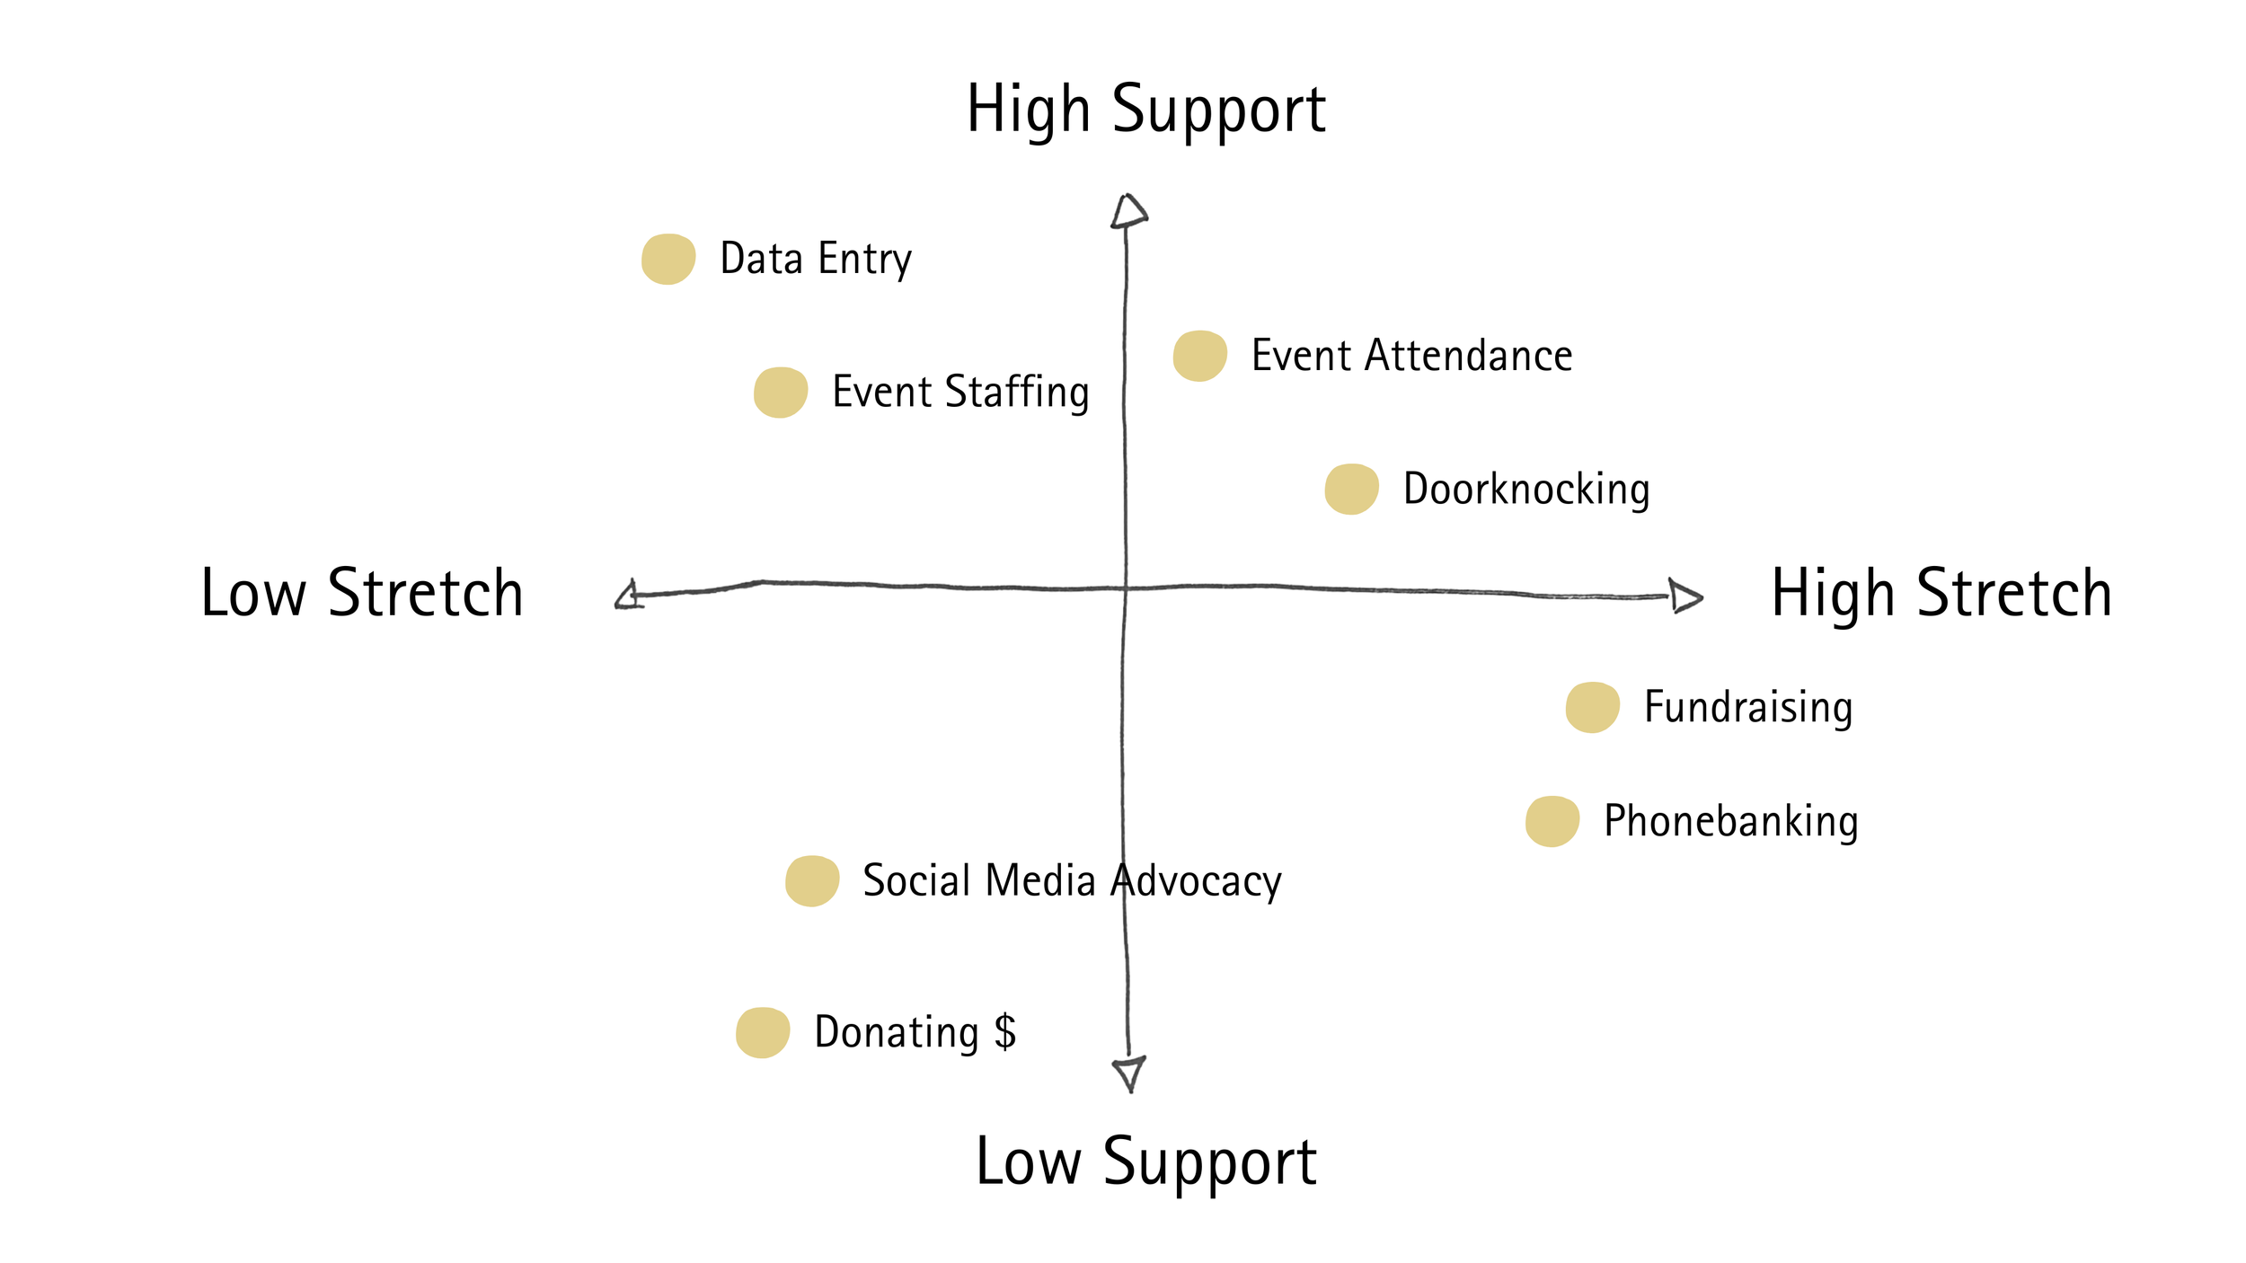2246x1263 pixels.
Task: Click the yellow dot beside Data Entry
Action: point(668,260)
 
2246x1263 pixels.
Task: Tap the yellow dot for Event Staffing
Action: point(780,393)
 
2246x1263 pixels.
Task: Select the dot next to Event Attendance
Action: point(1199,356)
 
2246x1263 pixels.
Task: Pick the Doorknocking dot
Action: point(1351,489)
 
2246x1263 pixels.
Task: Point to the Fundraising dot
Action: point(1592,707)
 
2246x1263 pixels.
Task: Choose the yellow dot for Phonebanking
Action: point(1552,821)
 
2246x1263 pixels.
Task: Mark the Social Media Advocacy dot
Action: point(812,880)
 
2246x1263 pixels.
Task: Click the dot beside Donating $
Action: point(762,1032)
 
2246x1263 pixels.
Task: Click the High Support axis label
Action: point(1145,110)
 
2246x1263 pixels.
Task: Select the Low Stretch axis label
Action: point(362,594)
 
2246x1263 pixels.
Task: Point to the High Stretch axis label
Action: point(1941,594)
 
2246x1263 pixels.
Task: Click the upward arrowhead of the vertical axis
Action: point(1128,212)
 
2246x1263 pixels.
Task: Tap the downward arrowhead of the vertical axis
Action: point(1129,1072)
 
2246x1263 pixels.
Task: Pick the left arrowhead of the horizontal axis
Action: point(628,595)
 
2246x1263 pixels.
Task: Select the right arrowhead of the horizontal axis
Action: point(1684,596)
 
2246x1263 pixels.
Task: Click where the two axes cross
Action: point(1125,588)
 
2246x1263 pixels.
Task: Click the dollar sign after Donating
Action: point(1005,1031)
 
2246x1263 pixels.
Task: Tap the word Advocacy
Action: point(1196,881)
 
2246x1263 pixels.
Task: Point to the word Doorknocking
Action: point(1526,490)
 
